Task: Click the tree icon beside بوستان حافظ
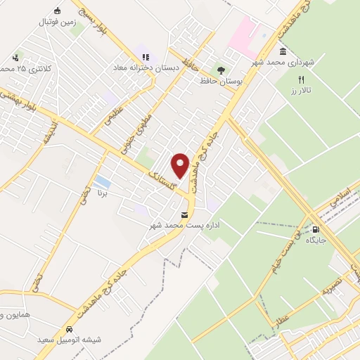221,70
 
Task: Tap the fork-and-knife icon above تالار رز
302,79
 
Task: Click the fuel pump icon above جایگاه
314,229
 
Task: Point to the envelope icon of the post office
184,214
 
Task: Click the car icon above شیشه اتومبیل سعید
69,329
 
